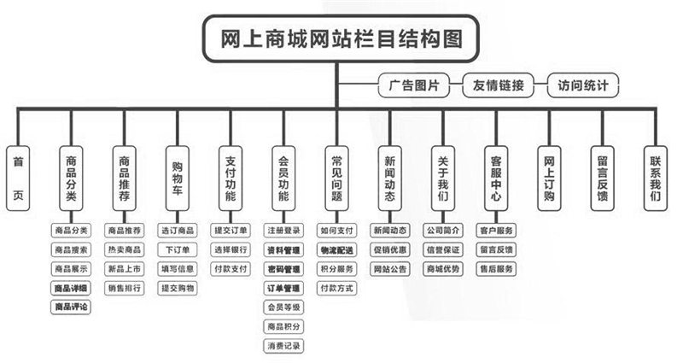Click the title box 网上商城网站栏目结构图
coord(340,38)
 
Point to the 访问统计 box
coord(582,85)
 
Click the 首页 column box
coord(18,177)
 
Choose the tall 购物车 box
coord(178,177)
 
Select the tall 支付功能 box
coord(231,177)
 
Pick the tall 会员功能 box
coord(283,177)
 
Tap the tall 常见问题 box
coord(336,177)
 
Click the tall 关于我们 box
coord(442,177)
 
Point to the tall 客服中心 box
coord(495,177)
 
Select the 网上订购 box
coord(549,177)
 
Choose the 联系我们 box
coord(655,177)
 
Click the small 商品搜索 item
coord(71,249)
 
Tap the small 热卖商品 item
coord(125,249)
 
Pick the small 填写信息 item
coord(178,268)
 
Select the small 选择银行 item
coord(231,249)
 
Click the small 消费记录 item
coord(283,345)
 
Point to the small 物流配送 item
coord(336,249)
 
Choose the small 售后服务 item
coord(496,268)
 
